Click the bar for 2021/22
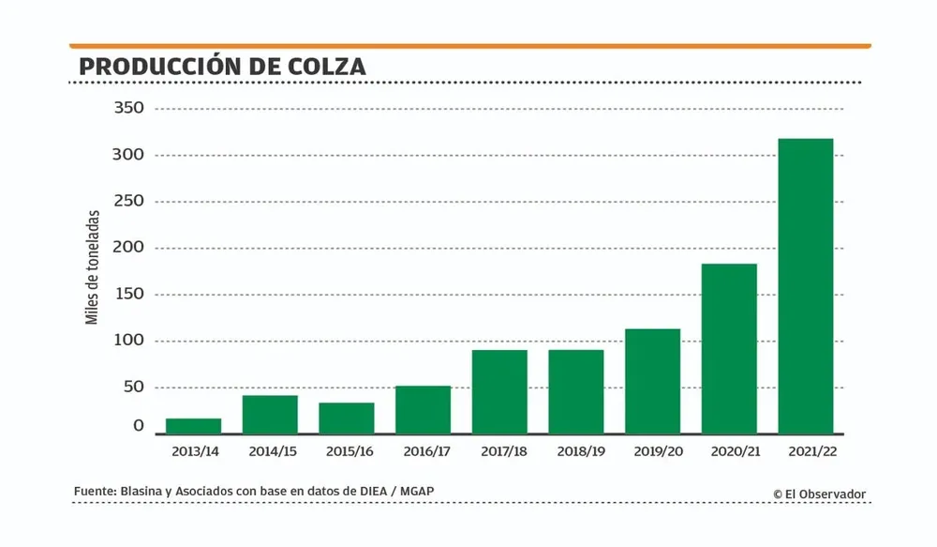tap(806, 286)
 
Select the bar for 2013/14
tap(193, 426)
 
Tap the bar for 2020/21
tap(729, 348)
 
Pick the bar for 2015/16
tap(347, 418)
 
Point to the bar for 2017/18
tap(499, 391)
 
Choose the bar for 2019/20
tap(652, 381)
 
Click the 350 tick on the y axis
tap(128, 108)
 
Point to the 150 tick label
tap(128, 294)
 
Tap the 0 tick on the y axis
tap(139, 426)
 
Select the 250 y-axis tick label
tap(128, 201)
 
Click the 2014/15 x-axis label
tap(273, 451)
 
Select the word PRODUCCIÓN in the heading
tap(158, 68)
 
